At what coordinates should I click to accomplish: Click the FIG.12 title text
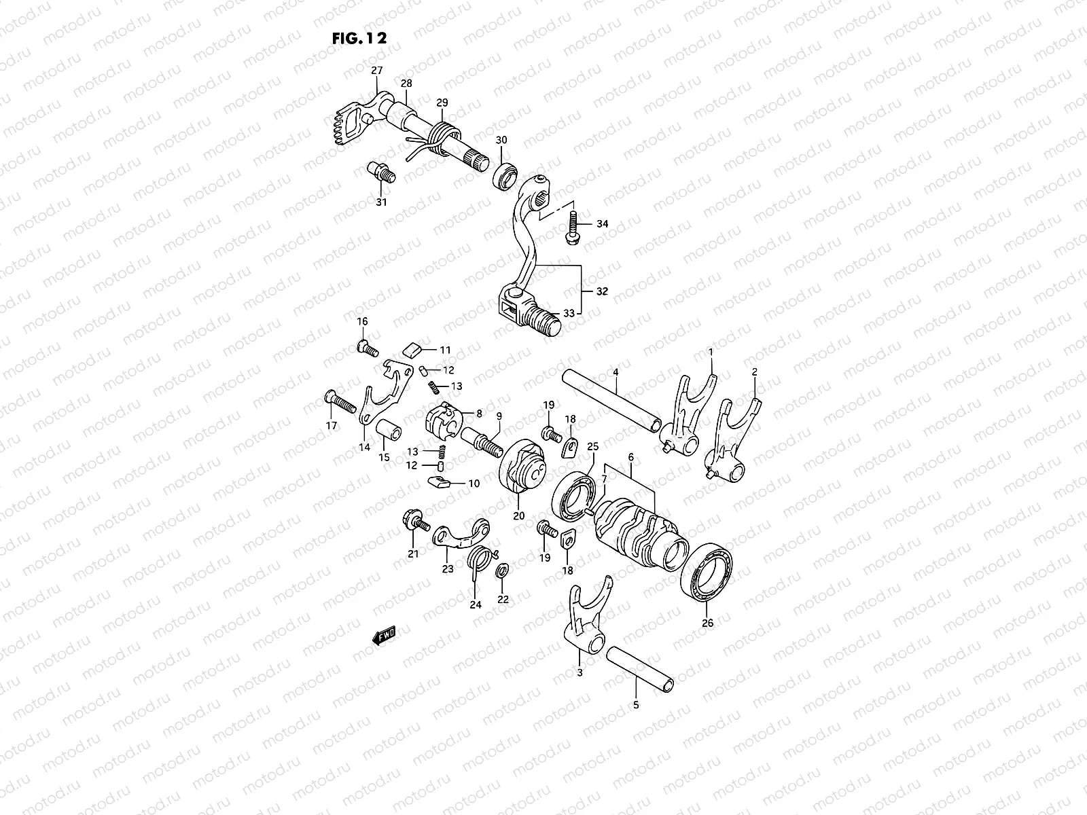pos(359,38)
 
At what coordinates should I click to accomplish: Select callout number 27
pos(376,71)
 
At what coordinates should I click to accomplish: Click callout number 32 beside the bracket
pos(601,291)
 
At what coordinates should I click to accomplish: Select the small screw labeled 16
pos(366,348)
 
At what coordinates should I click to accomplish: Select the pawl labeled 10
pos(440,483)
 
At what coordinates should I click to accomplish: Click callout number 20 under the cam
pos(518,515)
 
